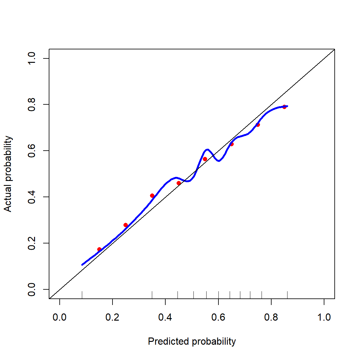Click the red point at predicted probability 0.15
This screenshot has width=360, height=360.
click(99, 249)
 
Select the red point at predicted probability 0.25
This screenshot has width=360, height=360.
click(126, 225)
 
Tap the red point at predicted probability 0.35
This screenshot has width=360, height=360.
click(152, 196)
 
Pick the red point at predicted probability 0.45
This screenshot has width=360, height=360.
click(179, 183)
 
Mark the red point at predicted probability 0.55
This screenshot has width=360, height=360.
click(205, 159)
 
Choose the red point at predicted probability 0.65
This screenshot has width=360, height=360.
click(232, 144)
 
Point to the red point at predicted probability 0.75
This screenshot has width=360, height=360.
click(258, 125)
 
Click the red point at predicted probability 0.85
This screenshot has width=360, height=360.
click(284, 107)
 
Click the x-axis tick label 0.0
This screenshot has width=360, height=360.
click(59, 317)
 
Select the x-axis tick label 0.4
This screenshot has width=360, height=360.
click(165, 317)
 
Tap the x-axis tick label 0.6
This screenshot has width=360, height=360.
click(218, 317)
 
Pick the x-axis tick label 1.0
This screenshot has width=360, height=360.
click(324, 317)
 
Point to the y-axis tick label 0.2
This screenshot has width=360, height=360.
click(32, 243)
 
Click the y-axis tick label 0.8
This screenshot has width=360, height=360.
click(32, 104)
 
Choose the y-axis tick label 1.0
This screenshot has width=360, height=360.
click(32, 58)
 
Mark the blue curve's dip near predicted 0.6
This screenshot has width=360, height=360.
click(219, 161)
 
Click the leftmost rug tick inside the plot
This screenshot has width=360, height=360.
click(82, 295)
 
